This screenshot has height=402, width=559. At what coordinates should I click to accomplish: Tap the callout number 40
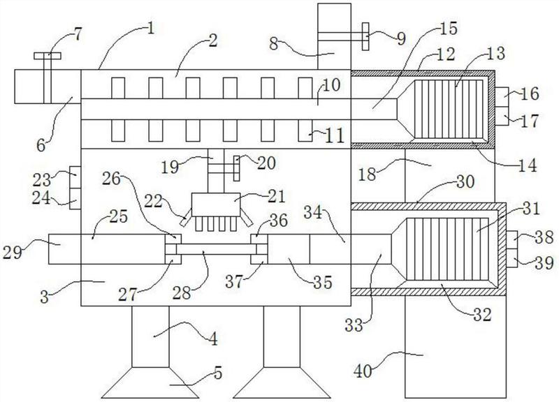(363, 371)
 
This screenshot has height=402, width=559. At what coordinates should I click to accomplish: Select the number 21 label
(276, 196)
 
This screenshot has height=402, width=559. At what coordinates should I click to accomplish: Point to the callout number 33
(354, 325)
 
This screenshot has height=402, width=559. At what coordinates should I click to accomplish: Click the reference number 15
(449, 29)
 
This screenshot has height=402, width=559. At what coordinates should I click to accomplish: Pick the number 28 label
(182, 294)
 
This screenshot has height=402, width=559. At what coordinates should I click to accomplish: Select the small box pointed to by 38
(512, 236)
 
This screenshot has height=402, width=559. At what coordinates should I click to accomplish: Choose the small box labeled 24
(75, 199)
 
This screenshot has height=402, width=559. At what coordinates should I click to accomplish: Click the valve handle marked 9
(365, 37)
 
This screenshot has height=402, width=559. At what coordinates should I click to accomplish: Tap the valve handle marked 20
(237, 168)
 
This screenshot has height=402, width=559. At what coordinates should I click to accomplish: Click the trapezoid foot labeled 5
(150, 382)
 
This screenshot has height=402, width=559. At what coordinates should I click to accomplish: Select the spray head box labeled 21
(216, 204)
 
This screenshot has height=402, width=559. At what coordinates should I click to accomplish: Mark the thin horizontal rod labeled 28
(216, 249)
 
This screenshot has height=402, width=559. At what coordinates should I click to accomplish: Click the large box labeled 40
(456, 347)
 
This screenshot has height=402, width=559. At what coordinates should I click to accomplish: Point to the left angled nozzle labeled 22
(186, 217)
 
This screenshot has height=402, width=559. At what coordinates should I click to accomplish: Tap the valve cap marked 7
(48, 56)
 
